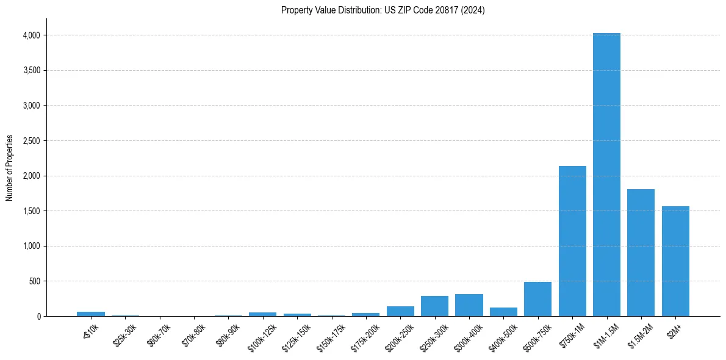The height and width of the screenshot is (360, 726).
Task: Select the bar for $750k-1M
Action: tap(572, 241)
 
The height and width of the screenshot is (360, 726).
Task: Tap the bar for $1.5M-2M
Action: tap(641, 253)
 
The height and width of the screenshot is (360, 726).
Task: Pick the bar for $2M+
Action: tap(675, 261)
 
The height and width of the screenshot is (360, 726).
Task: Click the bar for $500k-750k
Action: tap(537, 299)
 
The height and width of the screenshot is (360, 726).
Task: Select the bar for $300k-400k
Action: tap(469, 305)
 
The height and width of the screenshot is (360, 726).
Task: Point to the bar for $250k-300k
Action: tap(434, 306)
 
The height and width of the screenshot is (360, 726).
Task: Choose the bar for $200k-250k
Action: tap(400, 311)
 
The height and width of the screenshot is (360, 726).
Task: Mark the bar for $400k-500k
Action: tap(503, 312)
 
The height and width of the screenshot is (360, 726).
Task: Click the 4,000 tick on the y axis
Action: tap(31, 35)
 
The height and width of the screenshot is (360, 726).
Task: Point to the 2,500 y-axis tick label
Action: tap(31, 141)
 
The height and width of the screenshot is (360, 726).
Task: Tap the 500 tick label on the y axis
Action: tap(35, 281)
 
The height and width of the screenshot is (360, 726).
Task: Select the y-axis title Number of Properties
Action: tap(10, 168)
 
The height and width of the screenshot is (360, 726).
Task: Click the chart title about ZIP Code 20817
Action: tap(383, 10)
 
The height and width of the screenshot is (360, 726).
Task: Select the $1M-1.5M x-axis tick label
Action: tap(603, 333)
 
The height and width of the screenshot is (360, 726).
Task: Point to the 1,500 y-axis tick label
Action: tap(31, 211)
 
